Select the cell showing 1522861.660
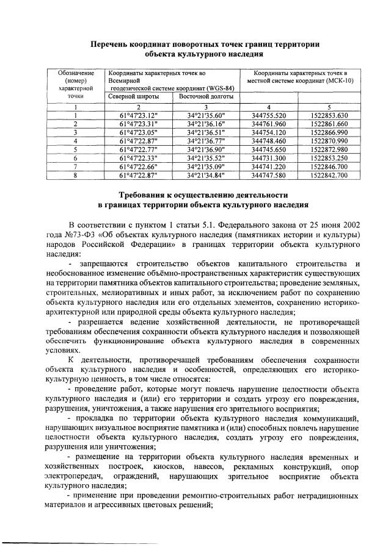click(x=329, y=123)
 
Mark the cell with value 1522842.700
click(x=329, y=174)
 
